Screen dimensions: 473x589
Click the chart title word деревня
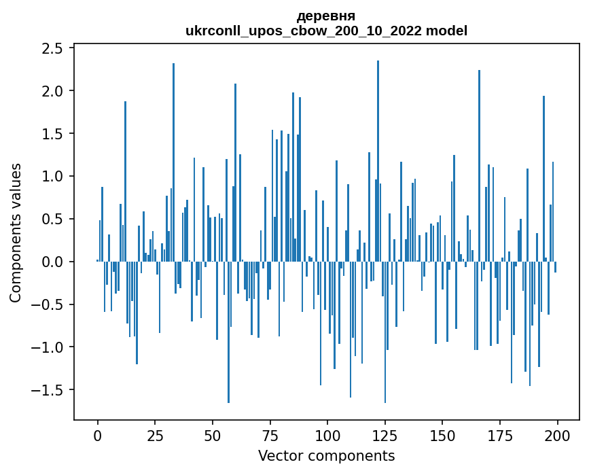click(326, 16)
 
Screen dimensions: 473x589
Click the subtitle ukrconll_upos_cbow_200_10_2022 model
click(326, 31)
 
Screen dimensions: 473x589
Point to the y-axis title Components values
click(16, 232)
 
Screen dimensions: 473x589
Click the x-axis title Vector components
click(326, 455)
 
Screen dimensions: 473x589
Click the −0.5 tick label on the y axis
click(48, 304)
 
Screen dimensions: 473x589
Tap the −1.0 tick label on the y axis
click(48, 347)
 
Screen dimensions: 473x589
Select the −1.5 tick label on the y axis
click(48, 390)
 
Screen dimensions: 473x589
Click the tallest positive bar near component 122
click(378, 163)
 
